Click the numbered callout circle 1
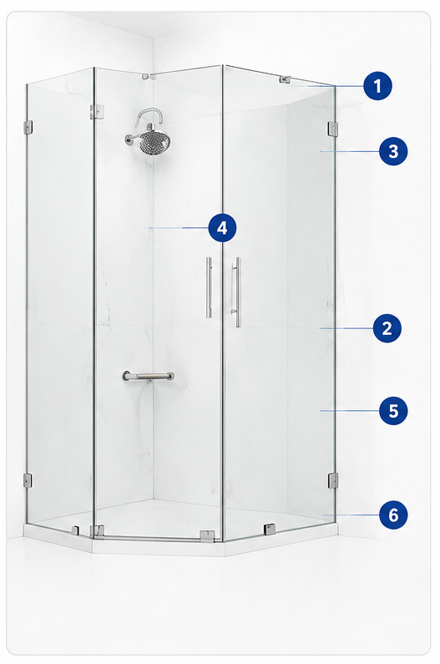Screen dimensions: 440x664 [377, 86]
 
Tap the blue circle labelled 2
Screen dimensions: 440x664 [387, 328]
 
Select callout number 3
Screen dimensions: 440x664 [393, 151]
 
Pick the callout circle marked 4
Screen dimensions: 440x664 [222, 228]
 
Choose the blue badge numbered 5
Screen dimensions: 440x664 [393, 410]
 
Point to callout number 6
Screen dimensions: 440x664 [393, 515]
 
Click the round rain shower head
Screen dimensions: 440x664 [155, 141]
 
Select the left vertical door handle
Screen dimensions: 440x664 [210, 287]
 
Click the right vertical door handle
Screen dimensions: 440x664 [238, 292]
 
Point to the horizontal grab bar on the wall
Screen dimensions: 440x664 [149, 376]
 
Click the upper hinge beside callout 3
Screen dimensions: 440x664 [333, 129]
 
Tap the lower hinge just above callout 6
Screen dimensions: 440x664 [333, 480]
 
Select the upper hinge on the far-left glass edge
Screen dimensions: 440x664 [28, 127]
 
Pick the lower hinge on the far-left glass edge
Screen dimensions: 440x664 [27, 480]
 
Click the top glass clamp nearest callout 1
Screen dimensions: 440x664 [285, 79]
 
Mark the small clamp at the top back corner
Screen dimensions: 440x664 [146, 77]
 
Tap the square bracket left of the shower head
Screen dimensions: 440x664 [97, 111]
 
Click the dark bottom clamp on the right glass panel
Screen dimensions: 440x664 [270, 529]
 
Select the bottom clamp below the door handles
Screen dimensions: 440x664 [207, 535]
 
